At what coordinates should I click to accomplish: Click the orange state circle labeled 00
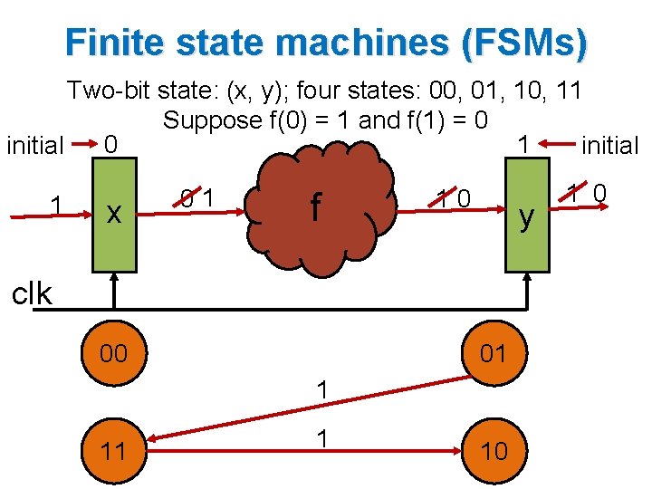(x=113, y=353)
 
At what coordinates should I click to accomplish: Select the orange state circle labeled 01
(x=493, y=353)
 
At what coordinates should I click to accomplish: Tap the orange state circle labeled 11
(x=113, y=449)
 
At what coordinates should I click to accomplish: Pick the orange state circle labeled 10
(x=493, y=449)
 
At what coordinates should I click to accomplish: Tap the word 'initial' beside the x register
(x=34, y=146)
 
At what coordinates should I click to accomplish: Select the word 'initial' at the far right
(x=609, y=145)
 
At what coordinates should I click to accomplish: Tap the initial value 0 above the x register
(x=110, y=144)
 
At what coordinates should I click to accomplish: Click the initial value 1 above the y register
(x=523, y=144)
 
